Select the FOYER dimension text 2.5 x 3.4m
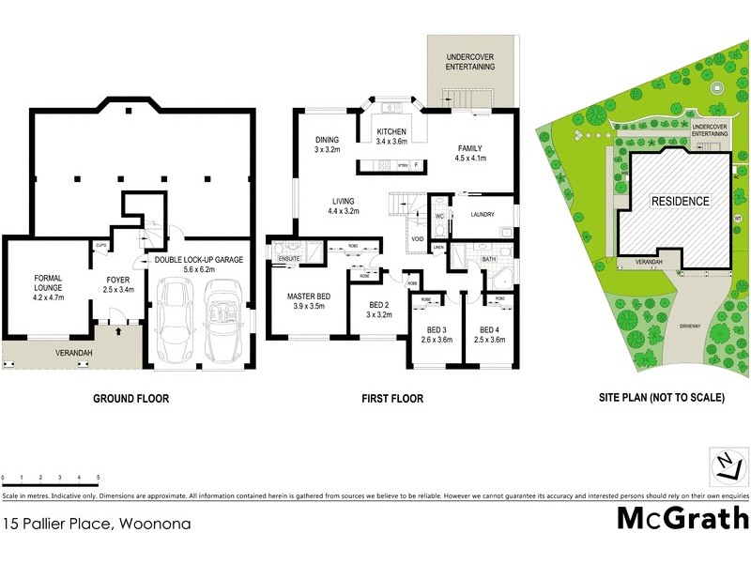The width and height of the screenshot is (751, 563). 118,290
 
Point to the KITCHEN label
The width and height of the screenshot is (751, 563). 391,131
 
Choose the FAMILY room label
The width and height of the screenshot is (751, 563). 470,148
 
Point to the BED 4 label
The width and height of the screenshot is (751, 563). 489,329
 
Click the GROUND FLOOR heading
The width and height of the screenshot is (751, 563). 130,399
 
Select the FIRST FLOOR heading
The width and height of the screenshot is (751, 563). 393,399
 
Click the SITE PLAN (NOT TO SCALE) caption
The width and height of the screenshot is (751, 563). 662,398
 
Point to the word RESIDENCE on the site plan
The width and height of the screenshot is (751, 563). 682,201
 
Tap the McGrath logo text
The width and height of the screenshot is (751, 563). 682,519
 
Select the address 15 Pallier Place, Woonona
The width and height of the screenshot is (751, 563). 97,524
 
